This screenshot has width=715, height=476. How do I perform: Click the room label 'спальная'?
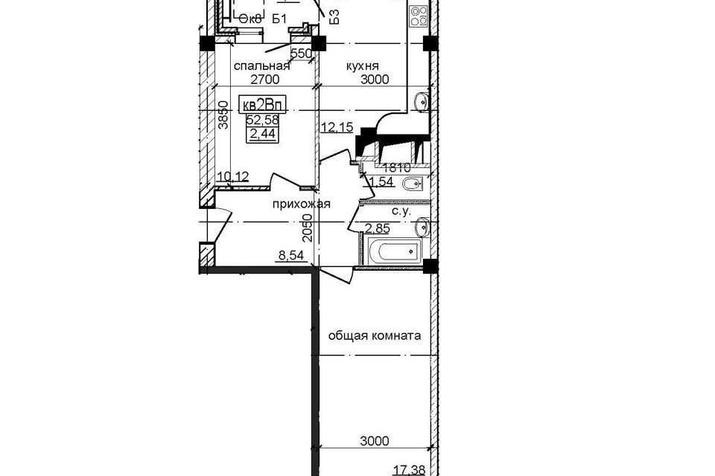(261, 66)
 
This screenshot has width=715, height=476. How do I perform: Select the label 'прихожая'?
(300, 204)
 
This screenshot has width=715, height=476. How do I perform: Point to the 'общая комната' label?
(375, 335)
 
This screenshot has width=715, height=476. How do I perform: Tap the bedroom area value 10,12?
(232, 176)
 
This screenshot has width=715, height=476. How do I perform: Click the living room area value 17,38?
(410, 469)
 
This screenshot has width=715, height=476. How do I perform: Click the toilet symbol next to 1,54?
(411, 184)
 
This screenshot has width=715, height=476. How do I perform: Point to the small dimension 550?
(300, 54)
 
